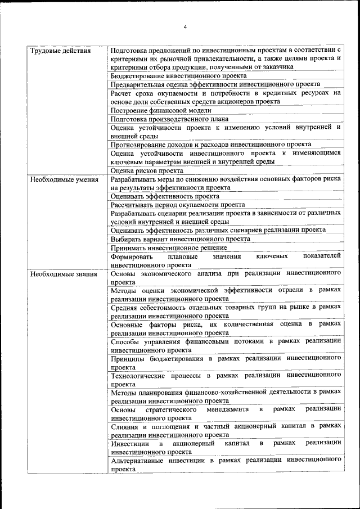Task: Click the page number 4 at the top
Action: pos(185,26)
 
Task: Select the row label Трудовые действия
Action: pos(60,51)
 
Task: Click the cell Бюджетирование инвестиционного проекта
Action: pos(178,75)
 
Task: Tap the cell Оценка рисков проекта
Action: pos(147,170)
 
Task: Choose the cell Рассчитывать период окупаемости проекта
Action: pos(178,205)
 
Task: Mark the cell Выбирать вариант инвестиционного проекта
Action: pos(181,239)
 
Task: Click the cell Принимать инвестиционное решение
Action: pos(169,247)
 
